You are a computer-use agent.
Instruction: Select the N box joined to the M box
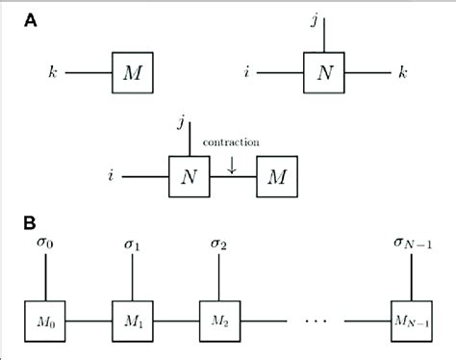tap(183, 175)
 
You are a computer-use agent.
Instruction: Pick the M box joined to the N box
tap(278, 175)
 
